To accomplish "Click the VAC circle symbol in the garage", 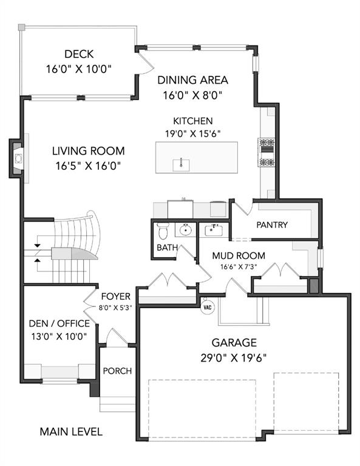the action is (x=208, y=307).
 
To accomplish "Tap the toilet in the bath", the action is (x=163, y=231).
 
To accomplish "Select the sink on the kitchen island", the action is (x=181, y=164).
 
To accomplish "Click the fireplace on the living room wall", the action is (x=18, y=158).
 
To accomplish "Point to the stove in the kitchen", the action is (x=267, y=152).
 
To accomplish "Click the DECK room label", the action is (x=79, y=54).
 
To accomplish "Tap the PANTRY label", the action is (x=272, y=225).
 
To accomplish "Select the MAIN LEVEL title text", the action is (x=71, y=431).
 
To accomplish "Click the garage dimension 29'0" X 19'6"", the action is (x=233, y=358).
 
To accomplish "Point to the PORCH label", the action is (x=117, y=371).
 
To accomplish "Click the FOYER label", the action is (x=115, y=296).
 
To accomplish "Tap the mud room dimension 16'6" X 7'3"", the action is (x=239, y=266).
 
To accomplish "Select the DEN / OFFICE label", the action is (x=59, y=323).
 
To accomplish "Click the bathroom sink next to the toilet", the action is (x=186, y=230).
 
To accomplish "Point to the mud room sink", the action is (x=213, y=231).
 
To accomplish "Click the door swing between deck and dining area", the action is (x=146, y=63).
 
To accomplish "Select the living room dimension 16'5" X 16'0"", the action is (x=88, y=166).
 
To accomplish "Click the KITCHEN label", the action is (x=192, y=121).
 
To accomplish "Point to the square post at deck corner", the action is (x=21, y=28).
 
